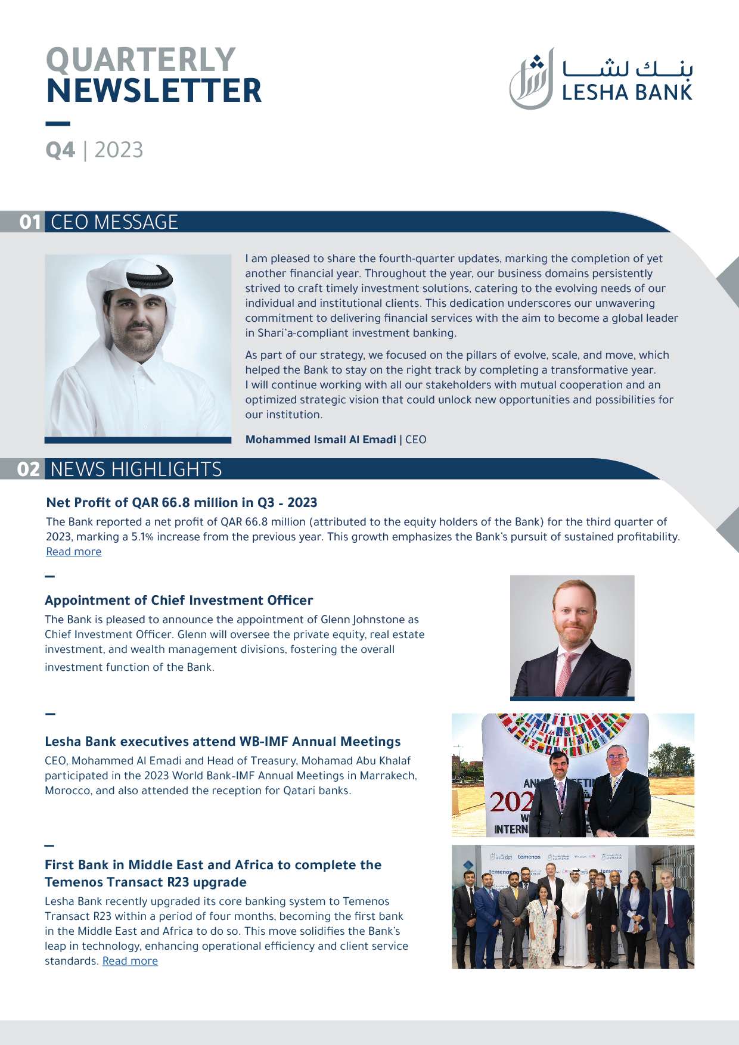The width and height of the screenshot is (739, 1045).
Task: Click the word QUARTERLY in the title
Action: pos(141,60)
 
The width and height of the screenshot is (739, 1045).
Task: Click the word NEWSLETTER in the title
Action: pos(154,91)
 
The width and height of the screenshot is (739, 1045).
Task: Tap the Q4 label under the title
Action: pos(60,150)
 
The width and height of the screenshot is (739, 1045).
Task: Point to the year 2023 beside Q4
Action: pos(119,150)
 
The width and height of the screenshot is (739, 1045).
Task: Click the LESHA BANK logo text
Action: pos(627,92)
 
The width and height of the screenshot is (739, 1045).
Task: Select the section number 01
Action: pos(30,222)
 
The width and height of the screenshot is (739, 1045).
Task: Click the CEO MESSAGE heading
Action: pos(114,222)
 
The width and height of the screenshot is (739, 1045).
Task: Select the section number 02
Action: pos(29,469)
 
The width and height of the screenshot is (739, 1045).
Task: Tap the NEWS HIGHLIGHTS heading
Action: pos(136,469)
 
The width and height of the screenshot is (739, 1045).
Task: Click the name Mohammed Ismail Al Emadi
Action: pos(321,440)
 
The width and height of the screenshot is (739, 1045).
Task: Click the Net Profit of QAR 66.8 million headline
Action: pos(181,502)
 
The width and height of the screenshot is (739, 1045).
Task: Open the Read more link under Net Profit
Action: pos(74,552)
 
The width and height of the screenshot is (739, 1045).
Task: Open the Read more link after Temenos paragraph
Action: pos(130,961)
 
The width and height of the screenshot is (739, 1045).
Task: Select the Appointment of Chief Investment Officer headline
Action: pos(179,600)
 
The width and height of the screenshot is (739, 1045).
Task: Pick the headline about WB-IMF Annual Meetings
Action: pos(222,741)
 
